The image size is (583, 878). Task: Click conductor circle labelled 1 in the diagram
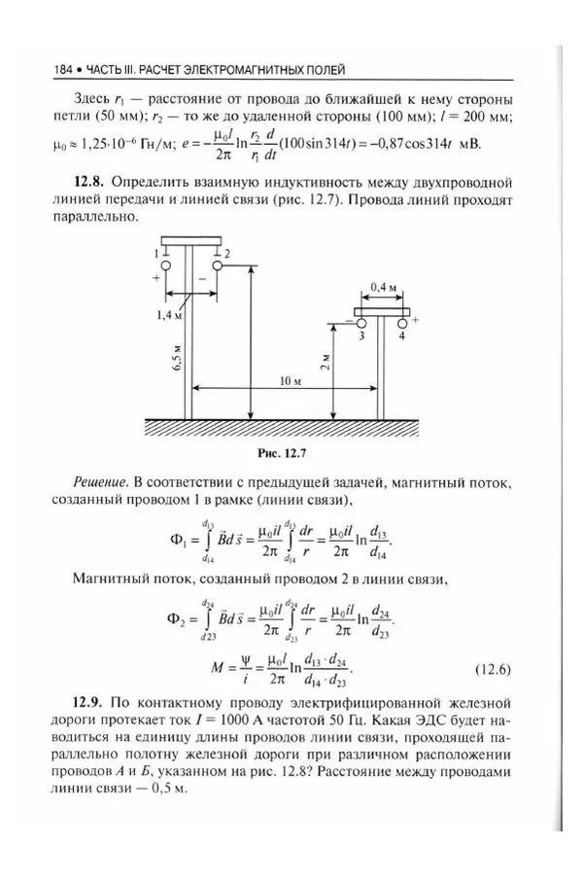coord(167,263)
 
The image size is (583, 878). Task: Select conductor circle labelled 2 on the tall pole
coord(214,263)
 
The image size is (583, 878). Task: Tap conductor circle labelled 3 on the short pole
coord(361,323)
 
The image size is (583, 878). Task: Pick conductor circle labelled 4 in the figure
coord(401,323)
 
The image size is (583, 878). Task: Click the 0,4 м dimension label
coord(383,286)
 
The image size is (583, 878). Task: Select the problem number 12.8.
coord(90,182)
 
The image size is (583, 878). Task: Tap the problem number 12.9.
coord(90,702)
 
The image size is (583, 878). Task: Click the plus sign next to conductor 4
coord(416,318)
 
